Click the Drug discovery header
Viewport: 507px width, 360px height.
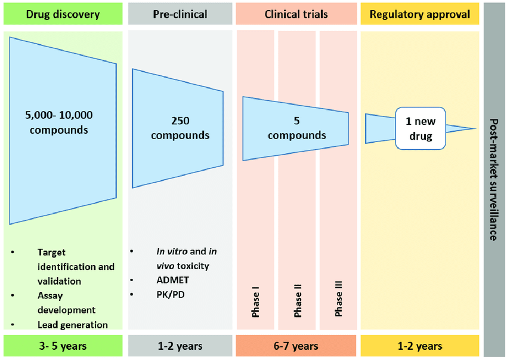click(x=63, y=14)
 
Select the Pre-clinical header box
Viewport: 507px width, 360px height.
click(x=180, y=14)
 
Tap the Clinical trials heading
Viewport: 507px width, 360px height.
click(x=296, y=14)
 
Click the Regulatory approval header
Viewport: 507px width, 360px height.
click(x=419, y=14)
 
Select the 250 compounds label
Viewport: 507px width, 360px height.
click(x=180, y=128)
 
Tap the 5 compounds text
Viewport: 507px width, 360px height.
click(x=296, y=128)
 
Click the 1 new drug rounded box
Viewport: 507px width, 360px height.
click(x=421, y=128)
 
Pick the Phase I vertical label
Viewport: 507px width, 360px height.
click(x=256, y=302)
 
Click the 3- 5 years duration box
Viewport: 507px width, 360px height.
click(x=63, y=346)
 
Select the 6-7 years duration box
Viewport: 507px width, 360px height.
click(x=296, y=346)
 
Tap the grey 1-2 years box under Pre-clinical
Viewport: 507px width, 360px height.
click(x=180, y=346)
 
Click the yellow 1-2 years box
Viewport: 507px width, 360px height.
click(x=419, y=346)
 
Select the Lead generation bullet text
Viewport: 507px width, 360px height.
click(x=72, y=325)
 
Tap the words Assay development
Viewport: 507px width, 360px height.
click(x=66, y=303)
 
